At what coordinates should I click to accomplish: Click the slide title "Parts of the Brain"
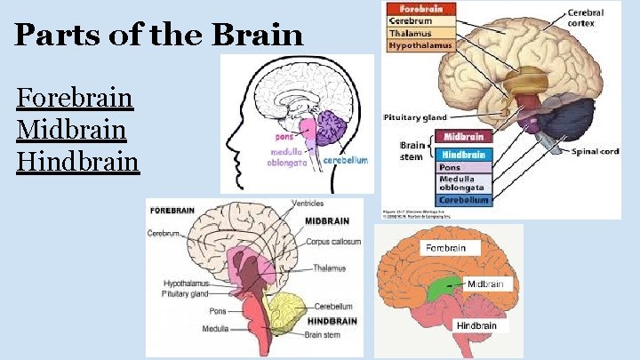coord(159,36)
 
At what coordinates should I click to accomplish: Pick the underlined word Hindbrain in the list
coord(78,163)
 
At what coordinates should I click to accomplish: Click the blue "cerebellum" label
coord(345,161)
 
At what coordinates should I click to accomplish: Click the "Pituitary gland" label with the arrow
coord(415,117)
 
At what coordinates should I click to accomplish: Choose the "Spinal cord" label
coord(595,151)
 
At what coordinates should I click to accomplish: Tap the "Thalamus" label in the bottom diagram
coord(329,268)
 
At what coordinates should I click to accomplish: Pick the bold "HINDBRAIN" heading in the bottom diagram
coord(332,320)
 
